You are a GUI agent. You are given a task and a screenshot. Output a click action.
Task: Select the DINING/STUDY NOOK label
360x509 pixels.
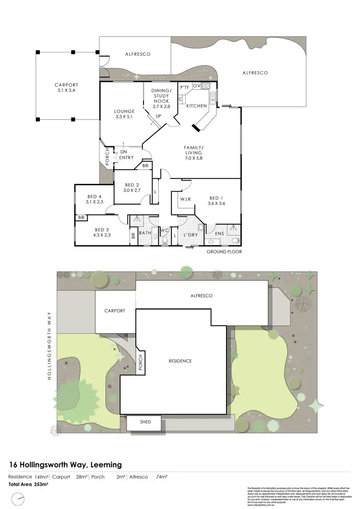point(161,96)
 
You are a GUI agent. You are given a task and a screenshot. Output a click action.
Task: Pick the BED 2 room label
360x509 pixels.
point(132,188)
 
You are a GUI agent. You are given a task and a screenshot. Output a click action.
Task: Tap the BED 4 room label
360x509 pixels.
point(95,199)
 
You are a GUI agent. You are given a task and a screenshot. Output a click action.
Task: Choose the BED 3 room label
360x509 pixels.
point(102,232)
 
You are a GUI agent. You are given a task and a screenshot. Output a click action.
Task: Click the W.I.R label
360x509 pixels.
point(186,199)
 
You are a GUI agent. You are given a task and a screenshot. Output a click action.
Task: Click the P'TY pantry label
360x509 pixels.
point(184,87)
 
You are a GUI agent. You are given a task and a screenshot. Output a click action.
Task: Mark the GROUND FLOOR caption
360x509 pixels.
point(224,252)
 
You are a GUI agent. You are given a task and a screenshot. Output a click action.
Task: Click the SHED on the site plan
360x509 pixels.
point(145,422)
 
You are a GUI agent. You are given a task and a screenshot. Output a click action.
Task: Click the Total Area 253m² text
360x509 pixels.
point(28,484)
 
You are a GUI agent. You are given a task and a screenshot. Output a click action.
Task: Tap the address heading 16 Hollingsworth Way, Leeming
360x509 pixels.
point(66,464)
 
